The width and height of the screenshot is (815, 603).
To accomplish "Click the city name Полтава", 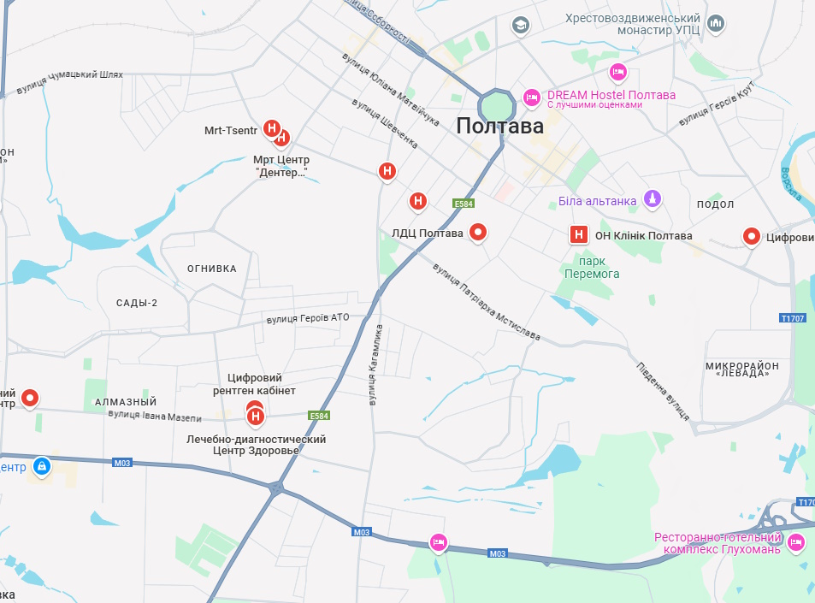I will (x=499, y=127).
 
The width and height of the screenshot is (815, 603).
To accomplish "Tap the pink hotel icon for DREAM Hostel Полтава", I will (x=531, y=98).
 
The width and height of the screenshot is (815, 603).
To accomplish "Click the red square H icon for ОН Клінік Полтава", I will (x=579, y=234).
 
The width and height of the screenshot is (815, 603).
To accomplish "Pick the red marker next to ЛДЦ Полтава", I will (x=479, y=232).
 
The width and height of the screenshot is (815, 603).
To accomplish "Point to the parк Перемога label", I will (x=591, y=267).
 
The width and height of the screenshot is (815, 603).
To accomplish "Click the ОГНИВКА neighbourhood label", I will (x=211, y=269).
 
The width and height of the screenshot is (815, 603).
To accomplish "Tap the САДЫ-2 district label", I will (x=137, y=303).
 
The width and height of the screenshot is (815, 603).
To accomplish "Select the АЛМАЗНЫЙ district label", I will (x=127, y=402).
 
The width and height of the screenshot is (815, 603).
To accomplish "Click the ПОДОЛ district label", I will (x=715, y=204).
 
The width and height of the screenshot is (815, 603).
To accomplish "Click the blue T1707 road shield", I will (x=793, y=318).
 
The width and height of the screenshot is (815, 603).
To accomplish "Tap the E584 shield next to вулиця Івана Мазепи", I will (x=318, y=416).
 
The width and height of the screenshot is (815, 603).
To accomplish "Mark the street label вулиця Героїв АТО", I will (x=308, y=318).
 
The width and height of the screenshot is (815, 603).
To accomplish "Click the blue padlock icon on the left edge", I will (x=40, y=466).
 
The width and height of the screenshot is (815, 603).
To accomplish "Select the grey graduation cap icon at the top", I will (x=519, y=25).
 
